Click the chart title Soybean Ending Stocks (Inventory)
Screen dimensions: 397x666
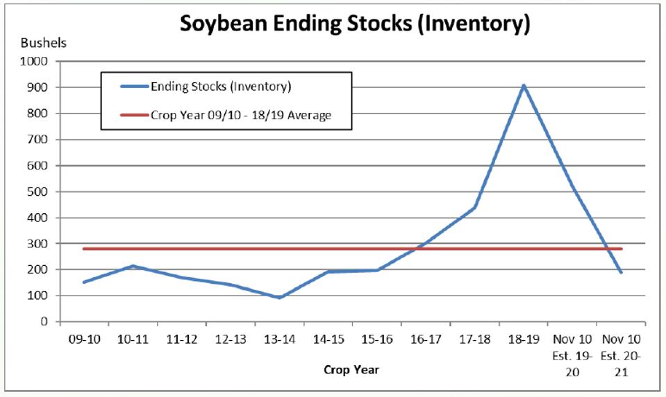[355, 24]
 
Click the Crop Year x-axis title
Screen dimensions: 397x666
[351, 369]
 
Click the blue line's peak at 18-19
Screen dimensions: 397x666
[524, 85]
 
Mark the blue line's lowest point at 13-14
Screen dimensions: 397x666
[279, 298]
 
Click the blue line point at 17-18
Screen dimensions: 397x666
[475, 207]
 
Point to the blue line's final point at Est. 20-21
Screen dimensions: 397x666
[621, 272]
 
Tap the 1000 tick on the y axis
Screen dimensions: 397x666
[36, 61]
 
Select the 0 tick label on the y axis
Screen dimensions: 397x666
[44, 322]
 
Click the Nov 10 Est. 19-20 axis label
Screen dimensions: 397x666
[572, 355]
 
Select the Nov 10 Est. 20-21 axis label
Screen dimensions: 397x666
[621, 355]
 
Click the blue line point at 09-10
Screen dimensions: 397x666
[84, 282]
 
